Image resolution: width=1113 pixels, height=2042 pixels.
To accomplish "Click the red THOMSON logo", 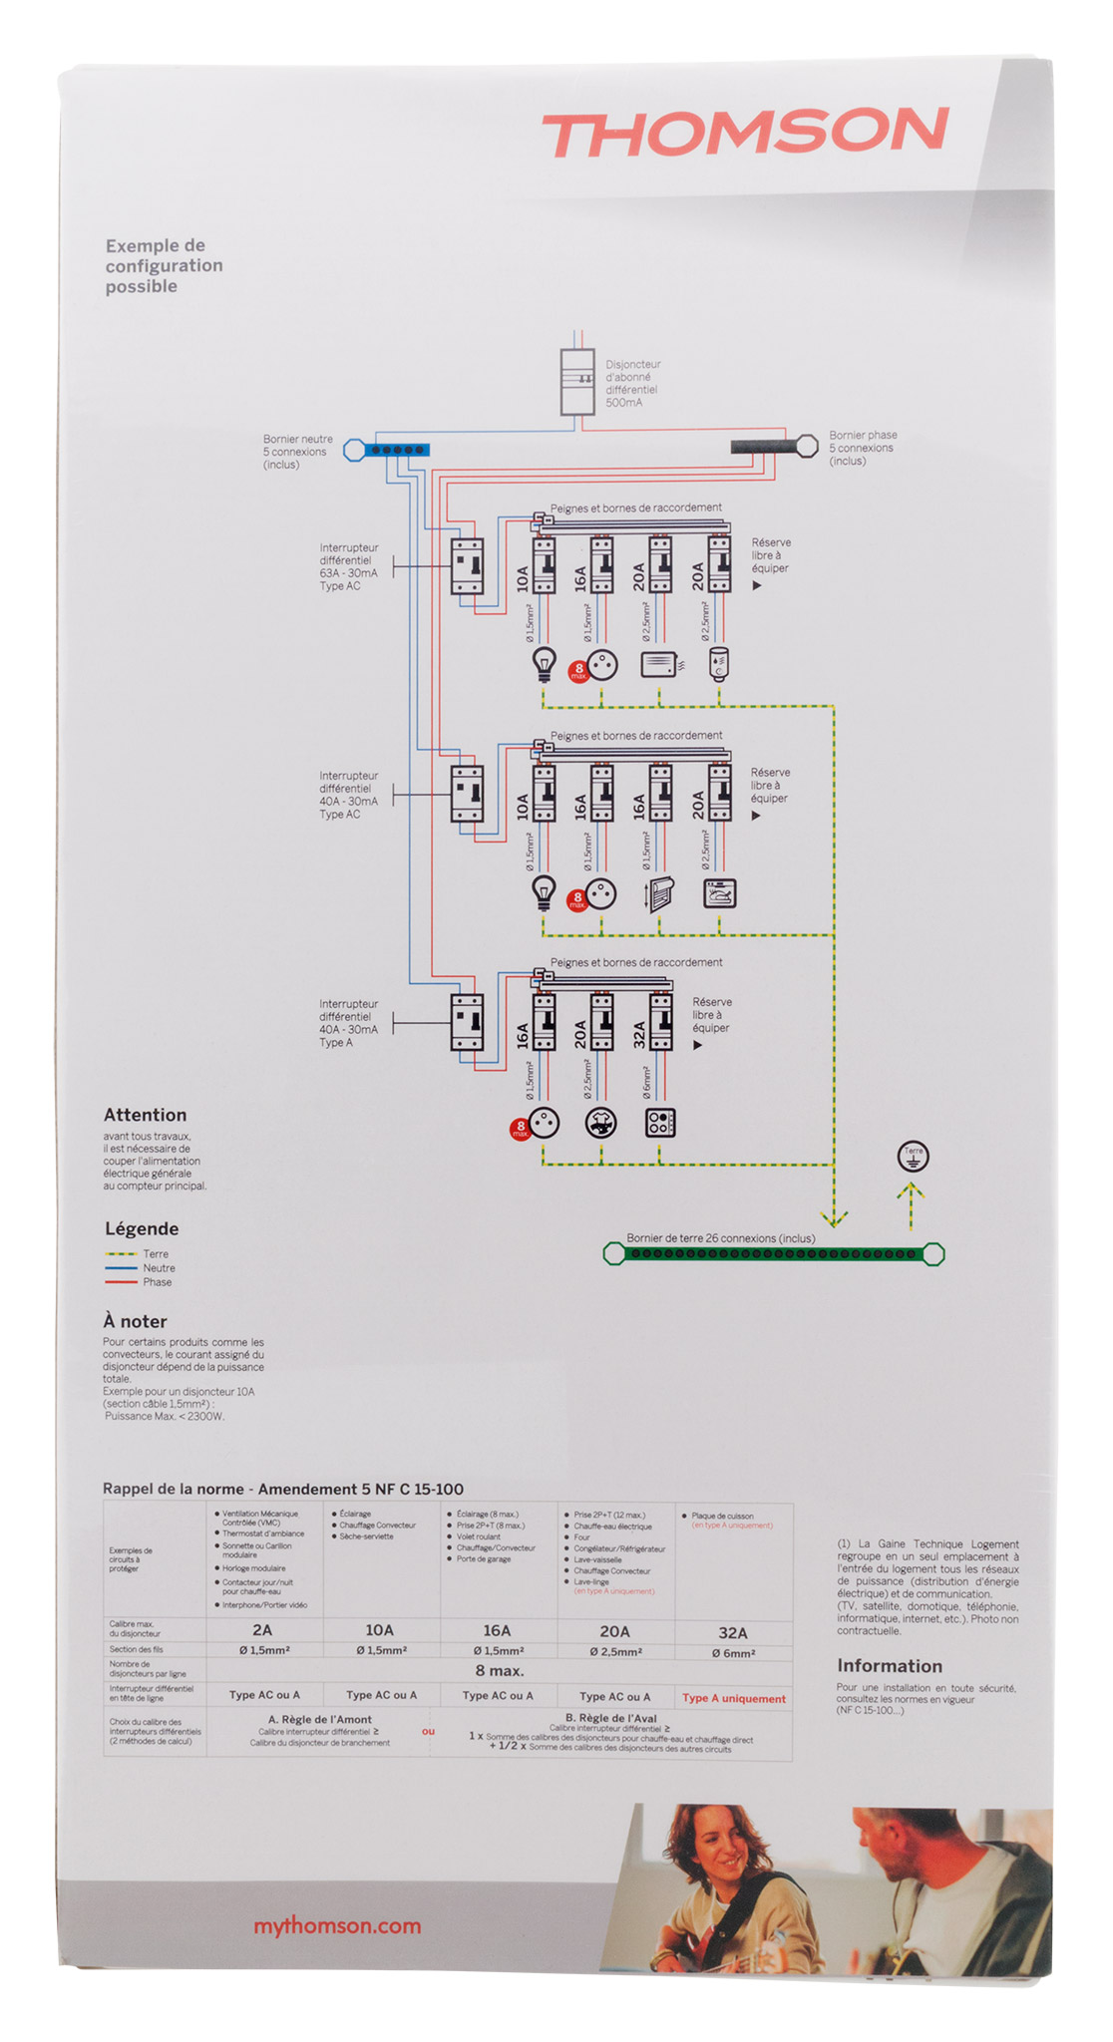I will pos(746,134).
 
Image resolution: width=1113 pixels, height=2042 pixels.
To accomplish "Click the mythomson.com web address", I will pos(336,1925).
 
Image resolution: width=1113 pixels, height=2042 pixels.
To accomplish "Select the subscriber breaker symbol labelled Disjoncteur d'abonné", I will pos(577,382).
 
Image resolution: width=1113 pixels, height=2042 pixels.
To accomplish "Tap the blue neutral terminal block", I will pos(397,450).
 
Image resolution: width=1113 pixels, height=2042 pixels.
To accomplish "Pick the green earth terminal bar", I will pos(773,1253).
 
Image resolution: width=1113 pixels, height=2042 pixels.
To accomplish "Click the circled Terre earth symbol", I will pos(914,1156).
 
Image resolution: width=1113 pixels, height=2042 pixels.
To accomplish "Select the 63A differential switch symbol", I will pos(467,566).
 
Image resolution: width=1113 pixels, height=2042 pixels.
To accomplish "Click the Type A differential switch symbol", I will pos(467,1022).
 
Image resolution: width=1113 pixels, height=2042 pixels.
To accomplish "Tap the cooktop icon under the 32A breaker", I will pos(660,1123).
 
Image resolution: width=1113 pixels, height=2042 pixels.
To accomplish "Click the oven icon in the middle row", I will pos(719,892).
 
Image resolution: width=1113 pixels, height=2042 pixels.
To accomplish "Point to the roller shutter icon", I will pos(660,892).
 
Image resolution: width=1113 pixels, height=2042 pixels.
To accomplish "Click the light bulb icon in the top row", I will pos(544,663).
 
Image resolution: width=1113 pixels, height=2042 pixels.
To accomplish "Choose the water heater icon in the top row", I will pos(719,662).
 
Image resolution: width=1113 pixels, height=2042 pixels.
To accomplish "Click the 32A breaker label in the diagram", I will pos(640,1034).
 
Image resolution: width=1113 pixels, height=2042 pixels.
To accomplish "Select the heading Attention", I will pos(145,1115).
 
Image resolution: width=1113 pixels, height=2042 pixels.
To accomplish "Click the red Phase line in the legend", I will pos(121,1282).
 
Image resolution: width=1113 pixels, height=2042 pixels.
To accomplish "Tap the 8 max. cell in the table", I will pos(499,1671).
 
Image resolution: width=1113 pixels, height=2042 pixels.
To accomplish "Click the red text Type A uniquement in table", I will pos(734,1698).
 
